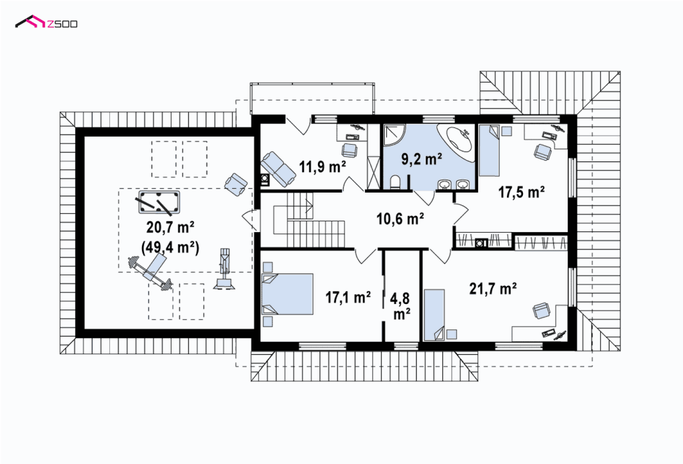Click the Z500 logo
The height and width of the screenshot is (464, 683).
pyautogui.click(x=46, y=23)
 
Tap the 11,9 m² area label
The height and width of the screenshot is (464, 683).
pyautogui.click(x=322, y=166)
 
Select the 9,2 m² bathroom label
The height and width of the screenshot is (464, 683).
pyautogui.click(x=422, y=159)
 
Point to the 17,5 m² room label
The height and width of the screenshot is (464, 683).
pyautogui.click(x=522, y=192)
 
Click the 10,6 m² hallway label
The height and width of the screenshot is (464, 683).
pyautogui.click(x=400, y=219)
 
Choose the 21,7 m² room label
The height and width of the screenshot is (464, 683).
pyautogui.click(x=493, y=288)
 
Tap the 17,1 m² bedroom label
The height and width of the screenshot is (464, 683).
pyautogui.click(x=348, y=297)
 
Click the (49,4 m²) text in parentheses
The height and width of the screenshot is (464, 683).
pyautogui.click(x=170, y=247)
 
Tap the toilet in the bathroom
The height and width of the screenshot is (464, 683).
pyautogui.click(x=396, y=183)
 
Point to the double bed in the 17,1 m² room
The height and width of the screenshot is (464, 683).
pyautogui.click(x=287, y=294)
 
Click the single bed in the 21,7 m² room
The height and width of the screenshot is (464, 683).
pyautogui.click(x=434, y=315)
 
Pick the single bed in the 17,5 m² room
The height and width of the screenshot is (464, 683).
pyautogui.click(x=489, y=151)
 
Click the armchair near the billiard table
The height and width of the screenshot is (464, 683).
pyautogui.click(x=235, y=185)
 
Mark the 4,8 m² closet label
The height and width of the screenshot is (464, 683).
pyautogui.click(x=401, y=307)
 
